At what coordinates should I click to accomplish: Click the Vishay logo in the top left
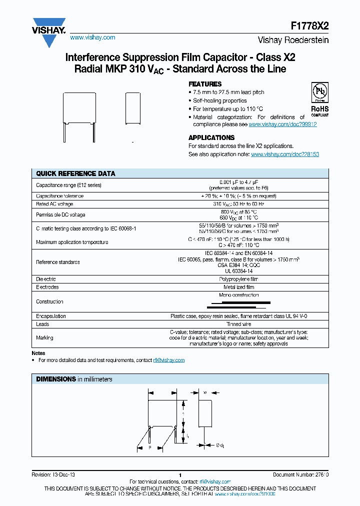point(49,32)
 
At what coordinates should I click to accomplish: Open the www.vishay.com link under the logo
point(92,37)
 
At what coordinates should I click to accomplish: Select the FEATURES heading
point(205,84)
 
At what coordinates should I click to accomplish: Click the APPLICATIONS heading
point(211,137)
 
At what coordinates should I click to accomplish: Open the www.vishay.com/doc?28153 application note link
point(284,154)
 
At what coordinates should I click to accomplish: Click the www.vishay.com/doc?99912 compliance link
point(282,124)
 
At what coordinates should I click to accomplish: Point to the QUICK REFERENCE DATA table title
point(75,173)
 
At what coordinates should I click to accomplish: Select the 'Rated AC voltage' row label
point(54,204)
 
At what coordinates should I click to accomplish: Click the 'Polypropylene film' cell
point(238,279)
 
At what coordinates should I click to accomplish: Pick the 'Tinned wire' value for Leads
point(238,324)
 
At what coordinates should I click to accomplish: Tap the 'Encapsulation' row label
point(51,316)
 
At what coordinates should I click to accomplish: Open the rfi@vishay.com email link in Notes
point(169,360)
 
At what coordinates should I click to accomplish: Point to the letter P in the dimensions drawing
point(149,448)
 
